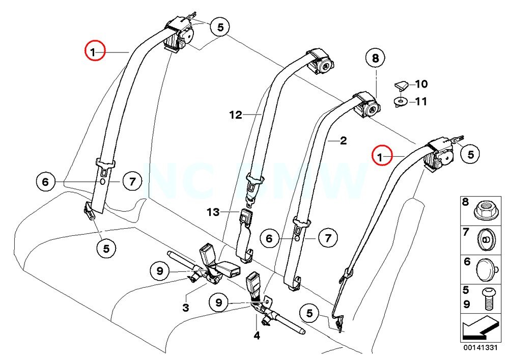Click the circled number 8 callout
pyautogui.click(x=376, y=59)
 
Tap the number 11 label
pyautogui.click(x=421, y=102)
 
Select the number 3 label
pyautogui.click(x=186, y=308)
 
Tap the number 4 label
pyautogui.click(x=257, y=336)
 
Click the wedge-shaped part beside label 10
pyautogui.click(x=402, y=84)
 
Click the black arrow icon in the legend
pyautogui.click(x=478, y=329)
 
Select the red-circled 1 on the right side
pyautogui.click(x=382, y=155)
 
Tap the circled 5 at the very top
pyautogui.click(x=220, y=27)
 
